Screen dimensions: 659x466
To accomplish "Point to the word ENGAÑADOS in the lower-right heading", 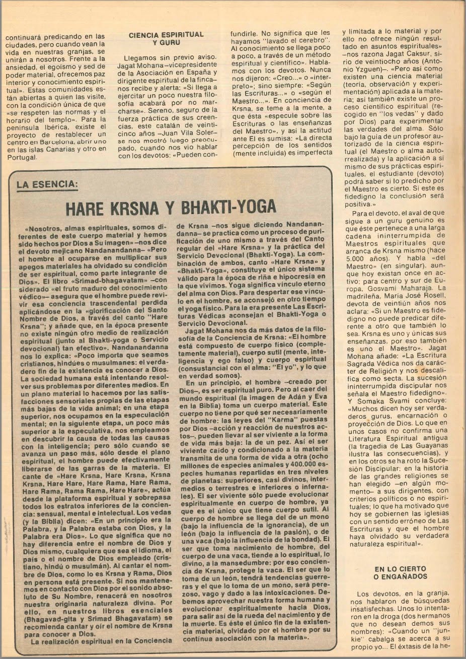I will [x=401, y=576].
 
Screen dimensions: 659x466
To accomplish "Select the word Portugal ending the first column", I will [x=21, y=157].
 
